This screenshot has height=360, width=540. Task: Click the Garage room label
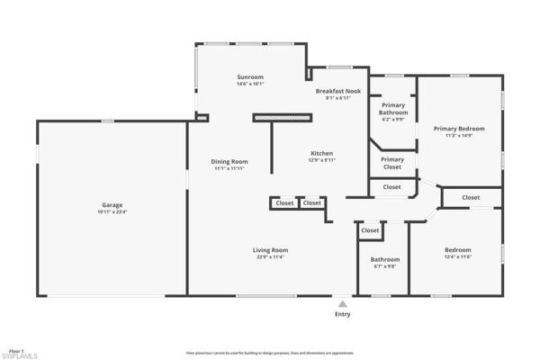coord(112,205)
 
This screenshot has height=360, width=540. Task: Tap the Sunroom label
coord(250,77)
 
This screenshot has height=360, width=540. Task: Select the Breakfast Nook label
coord(338,92)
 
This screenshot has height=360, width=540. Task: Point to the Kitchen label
coord(322,154)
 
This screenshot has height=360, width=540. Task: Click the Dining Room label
coord(230,162)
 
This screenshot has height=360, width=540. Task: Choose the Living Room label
coord(270,250)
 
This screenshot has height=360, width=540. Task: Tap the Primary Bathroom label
coord(393,109)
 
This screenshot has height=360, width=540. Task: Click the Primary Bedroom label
coord(459,129)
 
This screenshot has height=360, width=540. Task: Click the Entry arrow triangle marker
coord(342,304)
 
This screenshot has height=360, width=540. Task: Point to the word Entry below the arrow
coord(342,315)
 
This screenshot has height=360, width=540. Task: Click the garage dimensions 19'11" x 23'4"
coord(112,212)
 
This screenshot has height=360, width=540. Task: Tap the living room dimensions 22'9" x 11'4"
coord(270,257)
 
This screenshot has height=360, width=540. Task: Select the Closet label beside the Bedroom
coord(471,197)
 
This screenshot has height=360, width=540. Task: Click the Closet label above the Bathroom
coord(370,230)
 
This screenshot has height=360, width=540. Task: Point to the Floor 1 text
coord(16,348)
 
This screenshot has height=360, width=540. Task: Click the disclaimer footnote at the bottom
coord(270,353)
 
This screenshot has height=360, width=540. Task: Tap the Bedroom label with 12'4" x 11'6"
coord(457,250)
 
